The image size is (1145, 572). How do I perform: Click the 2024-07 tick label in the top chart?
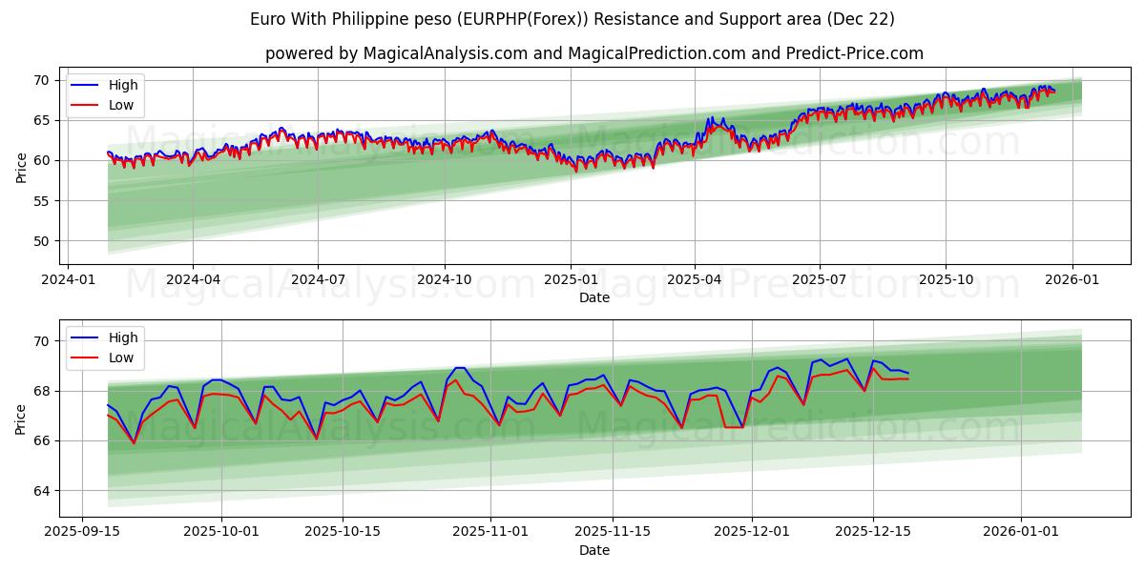[318, 280]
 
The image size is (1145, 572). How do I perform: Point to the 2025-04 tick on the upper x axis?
[694, 280]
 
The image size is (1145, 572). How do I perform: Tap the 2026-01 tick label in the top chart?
[1072, 280]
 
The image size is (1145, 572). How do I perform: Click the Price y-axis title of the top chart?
[21, 168]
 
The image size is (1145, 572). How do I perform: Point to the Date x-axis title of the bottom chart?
[593, 550]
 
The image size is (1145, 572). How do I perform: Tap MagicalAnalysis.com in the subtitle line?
[446, 53]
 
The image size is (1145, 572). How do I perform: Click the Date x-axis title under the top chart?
[593, 297]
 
